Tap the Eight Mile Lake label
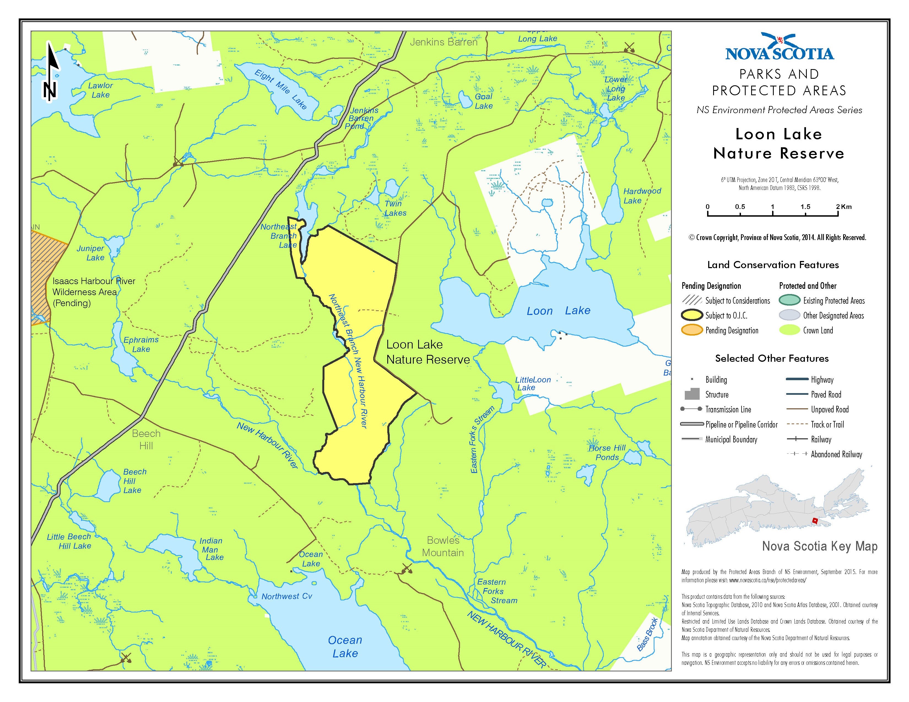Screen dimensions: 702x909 tap(280, 89)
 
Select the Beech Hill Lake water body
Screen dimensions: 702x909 tap(109, 485)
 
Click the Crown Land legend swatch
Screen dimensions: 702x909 tap(789, 330)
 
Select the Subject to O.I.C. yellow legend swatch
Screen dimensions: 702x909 tap(692, 315)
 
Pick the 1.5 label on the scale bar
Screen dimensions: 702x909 tap(805, 207)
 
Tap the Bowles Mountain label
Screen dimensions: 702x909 tap(443, 546)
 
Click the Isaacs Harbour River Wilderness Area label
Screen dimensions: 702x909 tap(94, 292)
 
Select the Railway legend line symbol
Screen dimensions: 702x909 tap(797, 439)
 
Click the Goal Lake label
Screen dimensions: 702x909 tap(484, 101)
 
